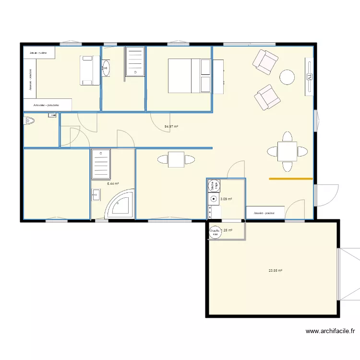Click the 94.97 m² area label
click(171, 127)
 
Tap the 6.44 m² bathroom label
click(113, 183)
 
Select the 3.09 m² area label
click(226, 199)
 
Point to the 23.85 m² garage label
click(276, 271)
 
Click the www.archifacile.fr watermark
click(331, 331)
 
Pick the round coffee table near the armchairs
click(287, 77)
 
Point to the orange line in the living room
click(291, 179)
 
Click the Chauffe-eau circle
click(215, 233)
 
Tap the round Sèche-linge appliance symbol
click(214, 184)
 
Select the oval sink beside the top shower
click(106, 68)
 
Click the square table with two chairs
click(176, 159)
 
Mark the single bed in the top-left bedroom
click(87, 71)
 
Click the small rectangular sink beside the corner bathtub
click(96, 194)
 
